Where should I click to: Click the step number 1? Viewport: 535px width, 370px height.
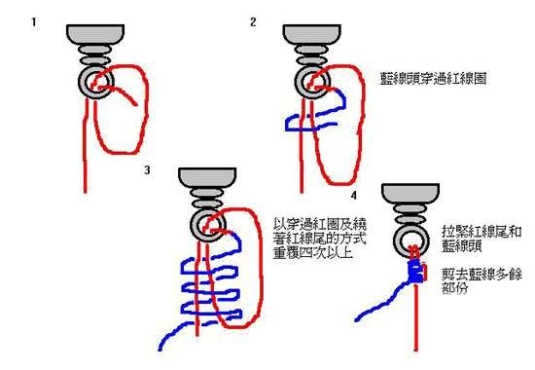click(x=33, y=22)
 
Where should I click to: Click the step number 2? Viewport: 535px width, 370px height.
click(x=253, y=22)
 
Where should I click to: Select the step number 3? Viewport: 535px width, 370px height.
click(x=147, y=169)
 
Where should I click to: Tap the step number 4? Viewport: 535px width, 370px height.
click(x=354, y=196)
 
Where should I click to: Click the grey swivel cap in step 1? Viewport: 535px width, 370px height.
click(x=95, y=34)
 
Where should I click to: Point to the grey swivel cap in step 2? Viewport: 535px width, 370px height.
click(x=312, y=34)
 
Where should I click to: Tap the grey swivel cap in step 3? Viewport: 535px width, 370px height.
click(x=207, y=177)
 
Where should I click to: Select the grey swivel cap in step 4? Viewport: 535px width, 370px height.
click(x=410, y=194)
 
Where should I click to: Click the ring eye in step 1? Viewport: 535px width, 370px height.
click(x=83, y=82)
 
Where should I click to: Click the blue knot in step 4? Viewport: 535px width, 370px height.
click(x=415, y=272)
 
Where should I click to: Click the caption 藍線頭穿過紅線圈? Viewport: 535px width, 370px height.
click(x=433, y=79)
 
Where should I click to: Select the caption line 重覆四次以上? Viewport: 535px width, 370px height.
click(x=312, y=253)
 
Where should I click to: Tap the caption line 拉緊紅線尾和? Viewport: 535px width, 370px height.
click(x=481, y=232)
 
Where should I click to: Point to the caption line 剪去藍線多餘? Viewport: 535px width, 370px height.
click(x=481, y=275)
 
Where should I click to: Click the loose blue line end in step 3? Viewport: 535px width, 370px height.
click(x=160, y=349)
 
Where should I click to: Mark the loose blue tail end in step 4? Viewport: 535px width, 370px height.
click(x=357, y=319)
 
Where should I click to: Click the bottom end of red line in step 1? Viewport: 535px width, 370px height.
click(x=86, y=191)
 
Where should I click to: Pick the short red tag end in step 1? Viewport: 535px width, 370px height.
click(x=136, y=104)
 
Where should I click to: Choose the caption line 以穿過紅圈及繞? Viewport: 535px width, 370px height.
click(x=319, y=224)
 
